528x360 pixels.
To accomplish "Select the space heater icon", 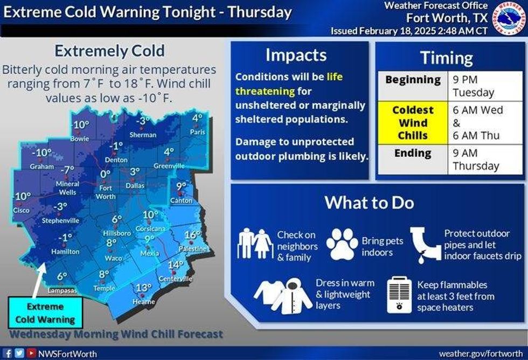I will (400, 295).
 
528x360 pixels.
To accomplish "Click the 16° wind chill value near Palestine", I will (192, 235).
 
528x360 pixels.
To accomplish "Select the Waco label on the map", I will (113, 258).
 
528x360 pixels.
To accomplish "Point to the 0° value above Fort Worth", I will (105, 174).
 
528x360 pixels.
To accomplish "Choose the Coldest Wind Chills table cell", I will (413, 122).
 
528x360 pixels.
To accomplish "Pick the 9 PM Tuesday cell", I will (485, 86).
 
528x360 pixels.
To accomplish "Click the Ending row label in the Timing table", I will (413, 153).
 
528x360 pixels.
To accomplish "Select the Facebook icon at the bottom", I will (8, 354).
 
